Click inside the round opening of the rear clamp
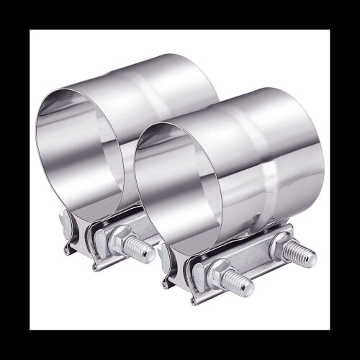[79, 144]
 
